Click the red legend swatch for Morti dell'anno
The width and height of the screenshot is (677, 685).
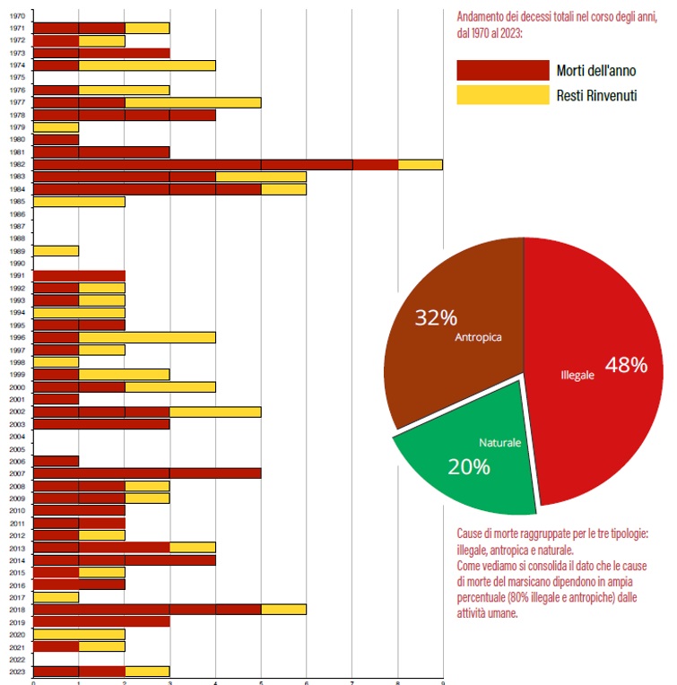tap(502, 71)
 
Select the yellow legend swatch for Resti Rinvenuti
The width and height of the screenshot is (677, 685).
tap(502, 94)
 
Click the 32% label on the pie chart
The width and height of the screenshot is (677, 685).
tap(436, 317)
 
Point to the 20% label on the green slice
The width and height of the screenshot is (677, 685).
tap(469, 466)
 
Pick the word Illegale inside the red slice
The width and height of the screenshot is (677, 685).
tap(577, 376)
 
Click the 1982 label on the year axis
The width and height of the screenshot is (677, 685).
tap(16, 165)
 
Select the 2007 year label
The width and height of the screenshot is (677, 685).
tap(16, 473)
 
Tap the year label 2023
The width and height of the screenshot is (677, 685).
tap(16, 672)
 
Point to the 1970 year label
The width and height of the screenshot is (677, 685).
tap(16, 15)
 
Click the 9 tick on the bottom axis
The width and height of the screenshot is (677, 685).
tap(443, 681)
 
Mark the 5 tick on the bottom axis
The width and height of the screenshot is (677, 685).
tap(261, 681)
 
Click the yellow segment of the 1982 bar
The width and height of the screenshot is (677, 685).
tap(420, 165)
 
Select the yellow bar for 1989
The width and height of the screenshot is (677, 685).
tap(56, 251)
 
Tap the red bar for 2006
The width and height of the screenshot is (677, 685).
tap(56, 461)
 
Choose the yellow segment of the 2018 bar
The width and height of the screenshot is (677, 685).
tap(283, 609)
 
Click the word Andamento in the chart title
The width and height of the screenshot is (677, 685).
tap(484, 18)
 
